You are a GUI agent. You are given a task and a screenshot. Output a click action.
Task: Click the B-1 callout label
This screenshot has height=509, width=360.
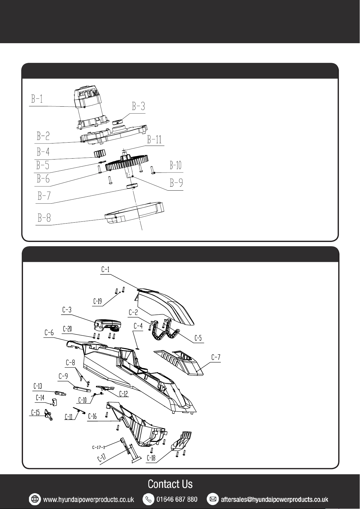pos(37,99)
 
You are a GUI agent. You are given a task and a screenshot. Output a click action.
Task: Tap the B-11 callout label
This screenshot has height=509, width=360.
pos(154,139)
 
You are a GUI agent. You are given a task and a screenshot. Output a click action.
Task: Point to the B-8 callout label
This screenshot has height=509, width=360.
pos(44,218)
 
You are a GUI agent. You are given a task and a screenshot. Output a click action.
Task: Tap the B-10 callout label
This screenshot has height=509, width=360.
pos(175,165)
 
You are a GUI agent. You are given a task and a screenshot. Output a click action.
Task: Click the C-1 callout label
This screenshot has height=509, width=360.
pos(105,269)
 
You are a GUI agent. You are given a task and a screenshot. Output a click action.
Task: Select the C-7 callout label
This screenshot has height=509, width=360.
pos(216,357)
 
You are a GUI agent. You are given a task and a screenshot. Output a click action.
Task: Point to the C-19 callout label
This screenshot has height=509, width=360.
pos(98,301)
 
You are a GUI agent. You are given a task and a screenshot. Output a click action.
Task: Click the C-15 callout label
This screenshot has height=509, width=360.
pos(35,412)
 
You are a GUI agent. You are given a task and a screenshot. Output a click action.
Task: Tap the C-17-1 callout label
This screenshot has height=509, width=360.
pos(98,447)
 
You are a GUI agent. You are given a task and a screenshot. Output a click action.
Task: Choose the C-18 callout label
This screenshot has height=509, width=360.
pos(151,458)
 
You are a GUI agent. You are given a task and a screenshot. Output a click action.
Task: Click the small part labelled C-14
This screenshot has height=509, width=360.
pos(54,402)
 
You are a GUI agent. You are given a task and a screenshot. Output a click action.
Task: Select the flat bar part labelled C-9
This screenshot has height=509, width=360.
pos(82,389)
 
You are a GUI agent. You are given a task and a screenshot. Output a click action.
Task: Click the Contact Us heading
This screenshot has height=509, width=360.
pos(170,484)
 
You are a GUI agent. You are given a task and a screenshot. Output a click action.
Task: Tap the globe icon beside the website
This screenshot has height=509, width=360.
pos(35,499)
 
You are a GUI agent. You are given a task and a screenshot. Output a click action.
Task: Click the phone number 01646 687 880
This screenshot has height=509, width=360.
pos(177,499)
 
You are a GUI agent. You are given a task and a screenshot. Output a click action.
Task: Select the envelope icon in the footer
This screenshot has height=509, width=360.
pos(213,499)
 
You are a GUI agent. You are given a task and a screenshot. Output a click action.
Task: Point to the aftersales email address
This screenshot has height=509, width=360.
pos(275,499)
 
